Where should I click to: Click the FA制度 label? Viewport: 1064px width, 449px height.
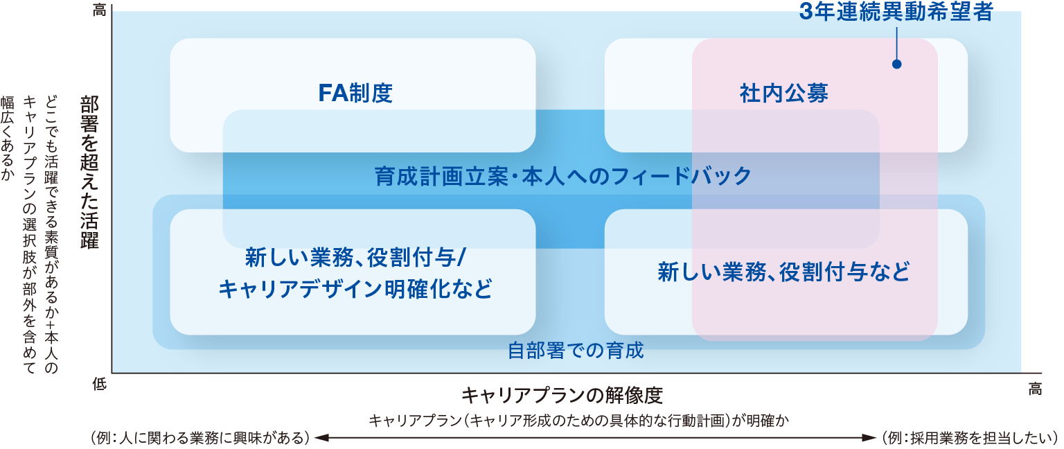pos(355,93)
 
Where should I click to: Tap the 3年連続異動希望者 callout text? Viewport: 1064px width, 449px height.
pos(896,12)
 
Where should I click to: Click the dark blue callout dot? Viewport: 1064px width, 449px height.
pos(896,64)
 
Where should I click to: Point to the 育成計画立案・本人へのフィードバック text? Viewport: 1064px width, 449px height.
pos(562,176)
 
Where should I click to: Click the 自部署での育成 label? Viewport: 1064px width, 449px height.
pos(576,351)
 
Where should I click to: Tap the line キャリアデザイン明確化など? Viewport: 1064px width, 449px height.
pos(355,288)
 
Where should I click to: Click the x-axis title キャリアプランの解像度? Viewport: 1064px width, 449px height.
pos(562,396)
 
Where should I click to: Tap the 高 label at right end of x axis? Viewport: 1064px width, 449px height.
pos(1035,389)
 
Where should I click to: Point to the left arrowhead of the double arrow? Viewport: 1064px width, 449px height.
pos(320,438)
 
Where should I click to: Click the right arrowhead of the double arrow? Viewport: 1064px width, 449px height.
pos(871,438)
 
